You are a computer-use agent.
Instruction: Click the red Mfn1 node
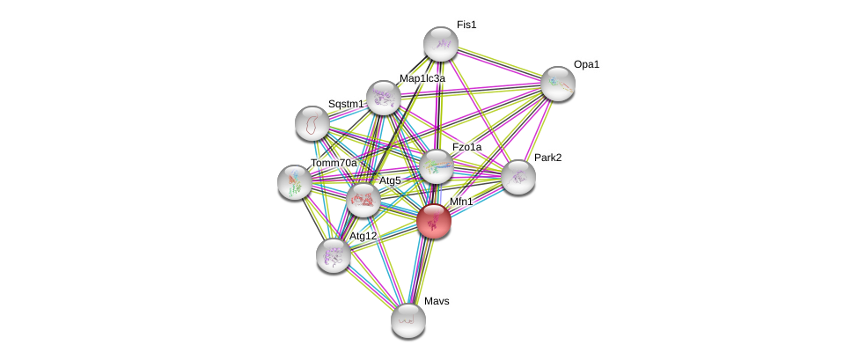point(434,221)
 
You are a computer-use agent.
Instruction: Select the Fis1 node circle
point(440,44)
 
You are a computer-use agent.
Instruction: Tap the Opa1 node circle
point(557,84)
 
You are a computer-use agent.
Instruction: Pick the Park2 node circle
point(518,177)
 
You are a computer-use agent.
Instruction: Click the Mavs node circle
point(407,320)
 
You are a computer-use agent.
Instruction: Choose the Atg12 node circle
point(333,255)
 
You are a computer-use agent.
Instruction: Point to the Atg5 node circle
point(363,201)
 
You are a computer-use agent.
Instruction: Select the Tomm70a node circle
point(294,182)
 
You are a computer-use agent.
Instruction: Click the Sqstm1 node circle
point(312,123)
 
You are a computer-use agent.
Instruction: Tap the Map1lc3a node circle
point(383,98)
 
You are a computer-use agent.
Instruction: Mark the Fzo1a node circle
point(436,166)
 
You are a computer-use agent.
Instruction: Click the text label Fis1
point(466,25)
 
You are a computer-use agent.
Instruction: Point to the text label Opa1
point(586,64)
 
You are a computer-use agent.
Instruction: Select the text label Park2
point(547,158)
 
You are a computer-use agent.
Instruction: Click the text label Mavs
point(437,301)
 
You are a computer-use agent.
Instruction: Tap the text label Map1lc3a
point(422,78)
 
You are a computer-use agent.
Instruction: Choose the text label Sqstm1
point(346,104)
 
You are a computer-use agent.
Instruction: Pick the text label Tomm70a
point(334,163)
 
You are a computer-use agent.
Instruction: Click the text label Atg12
point(363,236)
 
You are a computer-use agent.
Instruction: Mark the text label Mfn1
point(461,202)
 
